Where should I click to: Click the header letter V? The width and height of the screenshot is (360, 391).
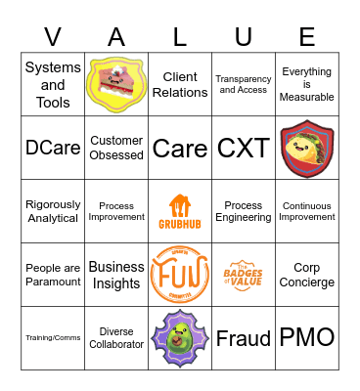[53, 37]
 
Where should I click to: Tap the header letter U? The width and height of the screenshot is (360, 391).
[244, 37]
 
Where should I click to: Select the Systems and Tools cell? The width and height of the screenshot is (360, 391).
[53, 84]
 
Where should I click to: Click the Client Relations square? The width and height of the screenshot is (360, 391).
[180, 84]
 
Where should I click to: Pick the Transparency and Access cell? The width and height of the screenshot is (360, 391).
[244, 84]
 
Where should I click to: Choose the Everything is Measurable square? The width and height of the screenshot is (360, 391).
[307, 84]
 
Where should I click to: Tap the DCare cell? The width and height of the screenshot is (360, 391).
[53, 148]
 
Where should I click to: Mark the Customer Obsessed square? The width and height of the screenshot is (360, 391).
[116, 148]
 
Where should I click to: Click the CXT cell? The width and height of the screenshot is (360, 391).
[244, 148]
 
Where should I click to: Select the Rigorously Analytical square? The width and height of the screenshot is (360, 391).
[53, 211]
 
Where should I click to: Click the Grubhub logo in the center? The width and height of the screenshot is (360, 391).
[180, 211]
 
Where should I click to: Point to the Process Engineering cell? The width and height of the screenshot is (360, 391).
[244, 211]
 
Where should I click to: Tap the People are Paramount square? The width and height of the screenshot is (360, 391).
[53, 275]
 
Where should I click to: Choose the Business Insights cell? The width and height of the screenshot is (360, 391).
[116, 275]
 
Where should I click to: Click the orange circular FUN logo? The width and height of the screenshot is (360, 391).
[180, 275]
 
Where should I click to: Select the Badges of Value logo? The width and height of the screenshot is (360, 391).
[244, 275]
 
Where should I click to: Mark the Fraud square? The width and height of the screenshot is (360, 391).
[244, 338]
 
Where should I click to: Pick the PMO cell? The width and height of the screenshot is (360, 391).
[307, 338]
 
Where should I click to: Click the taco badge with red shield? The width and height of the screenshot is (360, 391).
[307, 148]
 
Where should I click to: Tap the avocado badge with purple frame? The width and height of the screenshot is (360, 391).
[180, 338]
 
